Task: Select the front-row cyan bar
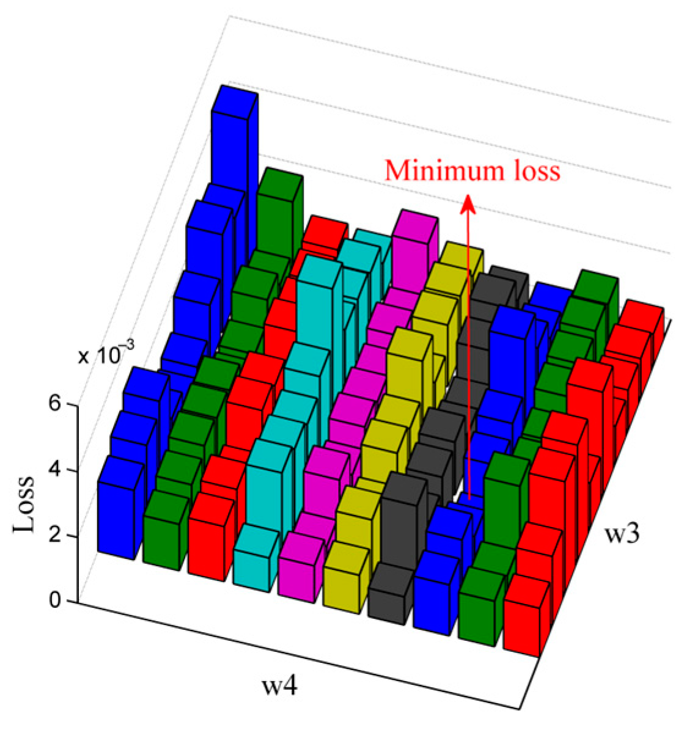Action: coord(251,565)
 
